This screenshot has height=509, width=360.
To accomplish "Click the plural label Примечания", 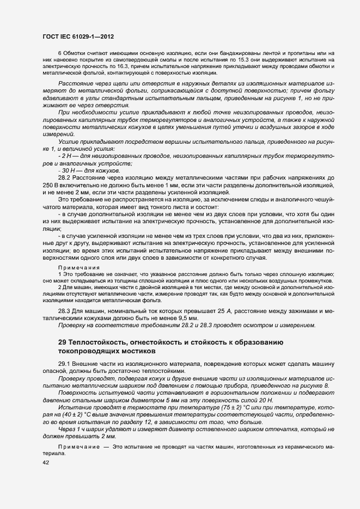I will tap(79, 268).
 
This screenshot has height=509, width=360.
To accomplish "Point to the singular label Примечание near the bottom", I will tap(79, 446).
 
